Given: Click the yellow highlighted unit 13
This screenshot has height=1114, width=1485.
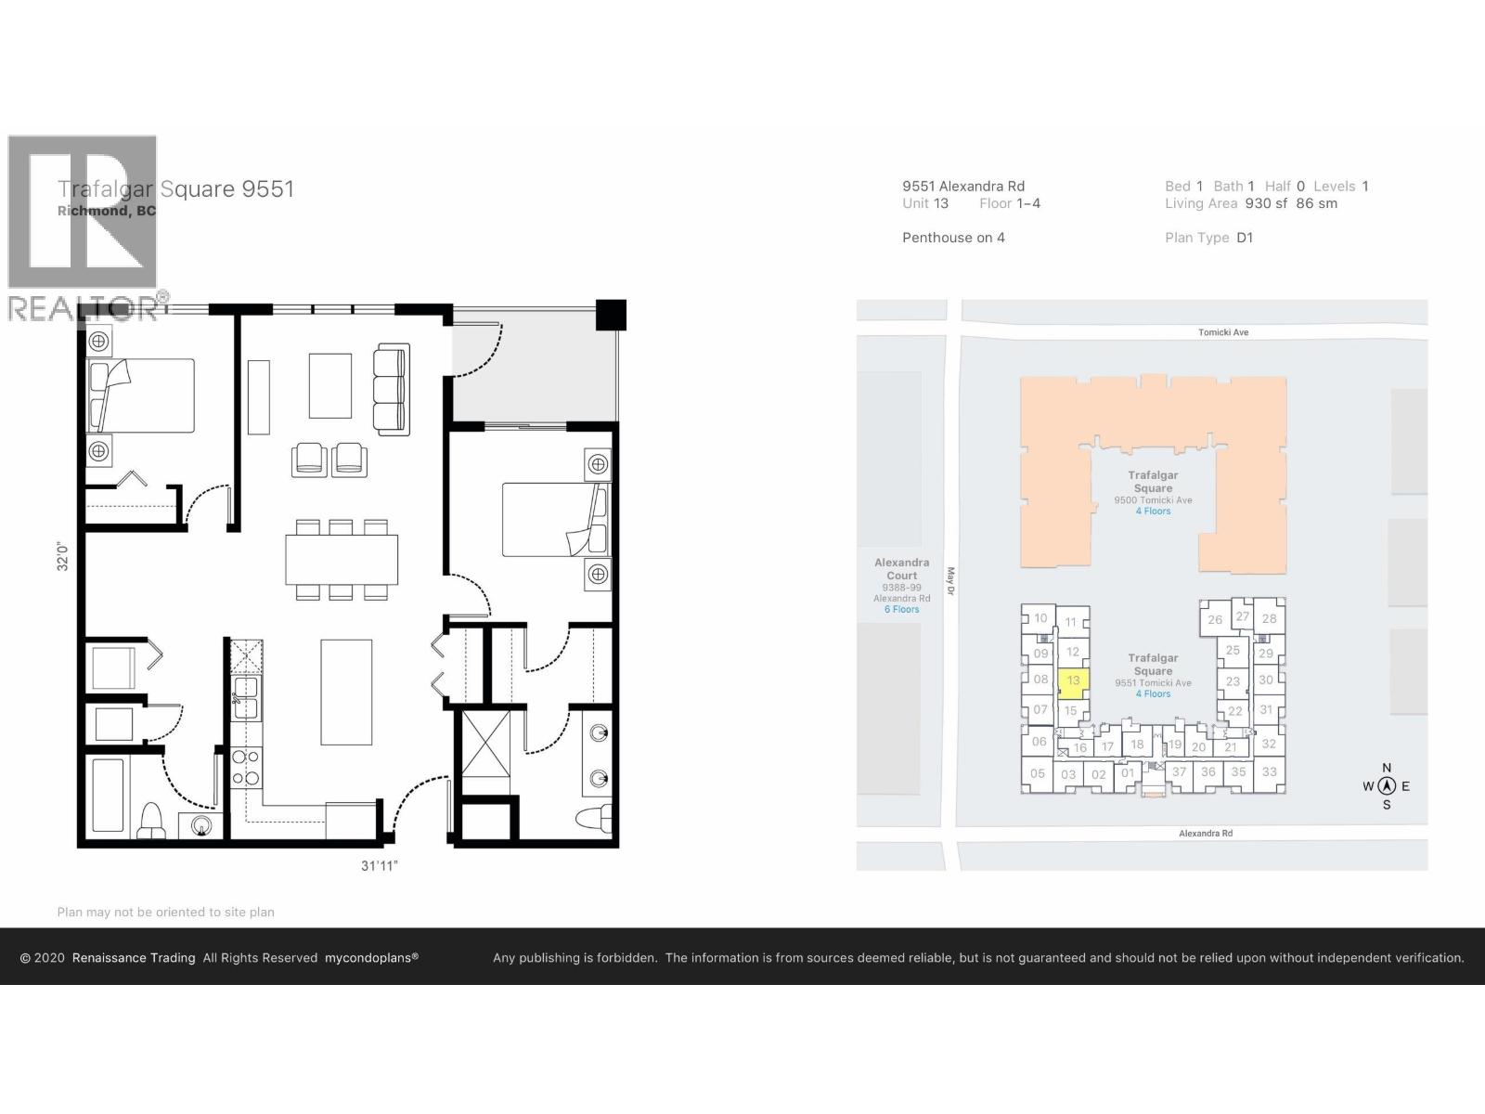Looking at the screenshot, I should click(1073, 681).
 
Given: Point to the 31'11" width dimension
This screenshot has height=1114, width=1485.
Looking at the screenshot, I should click(380, 865).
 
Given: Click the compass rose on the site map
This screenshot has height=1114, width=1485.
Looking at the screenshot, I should click(1387, 786).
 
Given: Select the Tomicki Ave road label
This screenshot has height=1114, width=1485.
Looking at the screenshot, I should click(1222, 331).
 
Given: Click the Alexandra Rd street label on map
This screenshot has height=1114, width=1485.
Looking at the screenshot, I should click(1205, 833).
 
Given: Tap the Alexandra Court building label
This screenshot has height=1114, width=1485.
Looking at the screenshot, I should click(901, 569).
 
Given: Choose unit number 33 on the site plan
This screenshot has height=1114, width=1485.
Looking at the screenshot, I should click(1269, 771).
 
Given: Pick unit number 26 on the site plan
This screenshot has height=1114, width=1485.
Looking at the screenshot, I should click(1215, 619).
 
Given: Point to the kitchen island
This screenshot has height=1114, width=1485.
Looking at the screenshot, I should click(346, 692).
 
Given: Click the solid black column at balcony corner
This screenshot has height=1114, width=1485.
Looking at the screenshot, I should click(611, 315).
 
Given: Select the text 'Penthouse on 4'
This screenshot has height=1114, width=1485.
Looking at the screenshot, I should click(953, 238).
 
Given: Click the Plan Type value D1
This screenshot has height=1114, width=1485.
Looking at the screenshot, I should click(1245, 238).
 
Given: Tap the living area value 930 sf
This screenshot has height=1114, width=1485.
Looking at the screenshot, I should click(1266, 203).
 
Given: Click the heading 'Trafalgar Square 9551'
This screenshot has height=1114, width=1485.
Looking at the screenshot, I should click(175, 189).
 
